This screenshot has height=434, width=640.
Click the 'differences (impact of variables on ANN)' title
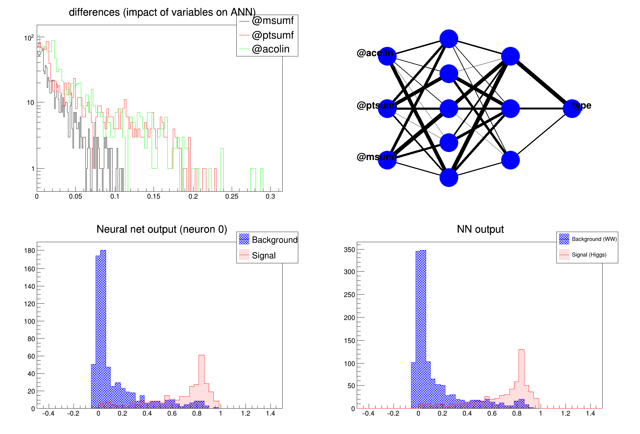click(x=162, y=12)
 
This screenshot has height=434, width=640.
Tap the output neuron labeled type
click(x=572, y=108)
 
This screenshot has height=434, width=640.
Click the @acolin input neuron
click(x=387, y=56)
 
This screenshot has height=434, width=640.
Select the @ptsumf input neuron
click(x=387, y=108)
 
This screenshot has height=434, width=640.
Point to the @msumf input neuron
click(x=387, y=160)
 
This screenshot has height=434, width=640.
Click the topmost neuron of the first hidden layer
click(x=449, y=39)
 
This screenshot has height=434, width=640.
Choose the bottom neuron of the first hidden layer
click(x=449, y=177)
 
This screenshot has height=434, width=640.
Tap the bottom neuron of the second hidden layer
click(x=510, y=160)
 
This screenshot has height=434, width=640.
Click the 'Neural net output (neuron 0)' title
click(x=162, y=229)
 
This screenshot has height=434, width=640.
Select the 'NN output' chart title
click(x=480, y=229)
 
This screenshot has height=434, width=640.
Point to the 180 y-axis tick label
click(x=29, y=251)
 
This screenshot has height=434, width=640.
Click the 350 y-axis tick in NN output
click(x=349, y=250)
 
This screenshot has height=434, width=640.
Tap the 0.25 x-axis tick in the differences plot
click(x=232, y=196)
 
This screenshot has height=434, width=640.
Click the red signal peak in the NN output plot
click(x=521, y=350)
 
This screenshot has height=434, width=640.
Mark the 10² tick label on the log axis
click(x=29, y=38)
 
